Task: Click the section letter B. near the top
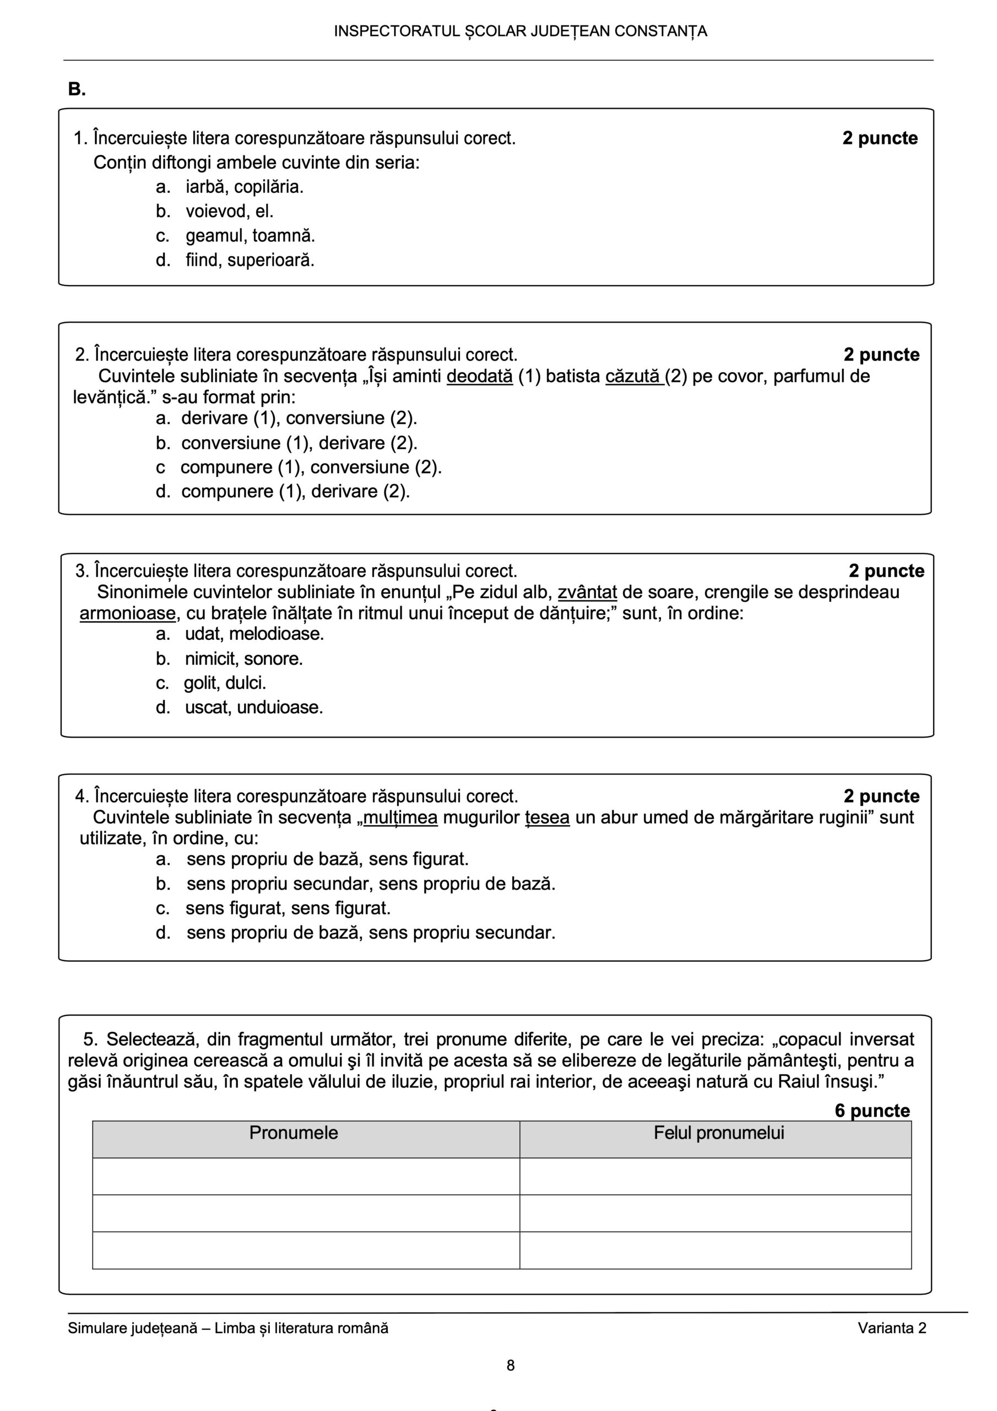[x=77, y=90]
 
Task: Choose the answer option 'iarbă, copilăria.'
[x=245, y=187]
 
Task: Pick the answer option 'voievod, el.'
[x=229, y=212]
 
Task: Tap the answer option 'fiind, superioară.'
[x=250, y=261]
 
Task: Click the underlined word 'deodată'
[x=479, y=376]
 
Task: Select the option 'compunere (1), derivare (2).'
[x=295, y=492]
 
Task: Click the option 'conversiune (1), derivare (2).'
[x=299, y=443]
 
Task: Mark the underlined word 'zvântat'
[x=587, y=593]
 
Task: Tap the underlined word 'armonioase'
[x=127, y=613]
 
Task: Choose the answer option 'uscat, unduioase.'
[x=254, y=707]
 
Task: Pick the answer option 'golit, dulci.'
[x=224, y=683]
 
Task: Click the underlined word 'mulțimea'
[x=400, y=817]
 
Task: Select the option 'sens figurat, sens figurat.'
[x=288, y=908]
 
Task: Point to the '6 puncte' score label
[x=871, y=1111]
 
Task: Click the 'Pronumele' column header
[x=294, y=1133]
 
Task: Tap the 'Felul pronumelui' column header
[x=718, y=1133]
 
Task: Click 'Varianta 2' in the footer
[x=891, y=1328]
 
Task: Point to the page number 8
[x=511, y=1365]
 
